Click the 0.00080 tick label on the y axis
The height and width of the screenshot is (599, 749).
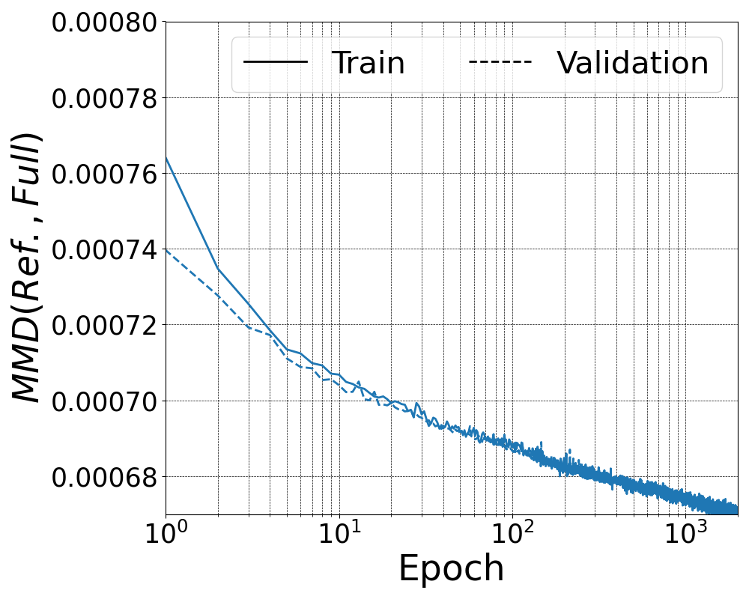104,22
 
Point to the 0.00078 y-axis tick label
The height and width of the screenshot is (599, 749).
104,98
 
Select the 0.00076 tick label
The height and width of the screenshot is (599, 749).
104,174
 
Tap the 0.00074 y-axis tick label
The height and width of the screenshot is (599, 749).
104,249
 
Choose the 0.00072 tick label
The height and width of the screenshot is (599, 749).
104,325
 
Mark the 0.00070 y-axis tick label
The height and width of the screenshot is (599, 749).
104,401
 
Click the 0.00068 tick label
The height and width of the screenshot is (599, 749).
104,476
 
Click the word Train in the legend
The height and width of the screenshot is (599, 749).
368,64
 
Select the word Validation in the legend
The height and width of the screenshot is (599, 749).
632,64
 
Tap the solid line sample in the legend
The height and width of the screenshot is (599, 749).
276,61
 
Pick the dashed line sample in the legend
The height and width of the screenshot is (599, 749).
500,61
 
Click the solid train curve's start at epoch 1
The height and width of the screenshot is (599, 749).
166,158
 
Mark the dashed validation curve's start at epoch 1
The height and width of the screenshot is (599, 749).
166,249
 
